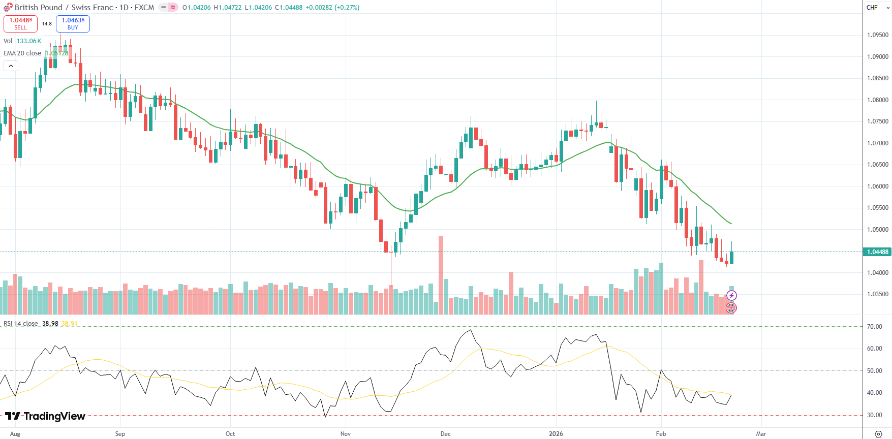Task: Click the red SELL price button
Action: pyautogui.click(x=20, y=23)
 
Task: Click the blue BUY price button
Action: pyautogui.click(x=73, y=23)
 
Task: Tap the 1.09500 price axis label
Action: pyautogui.click(x=878, y=35)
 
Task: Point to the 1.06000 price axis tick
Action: pyautogui.click(x=878, y=186)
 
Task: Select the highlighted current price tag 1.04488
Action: pyautogui.click(x=878, y=252)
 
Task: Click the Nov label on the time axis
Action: pyautogui.click(x=346, y=434)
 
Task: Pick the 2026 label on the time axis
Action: pyautogui.click(x=556, y=434)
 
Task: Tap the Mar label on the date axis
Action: pyautogui.click(x=761, y=434)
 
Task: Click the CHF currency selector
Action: pyautogui.click(x=875, y=8)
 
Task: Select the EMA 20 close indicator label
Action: pyautogui.click(x=22, y=53)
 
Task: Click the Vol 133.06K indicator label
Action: pyautogui.click(x=22, y=41)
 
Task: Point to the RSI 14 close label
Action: pyautogui.click(x=21, y=324)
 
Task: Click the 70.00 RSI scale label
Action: pyautogui.click(x=874, y=327)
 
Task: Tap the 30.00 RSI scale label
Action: pyautogui.click(x=874, y=415)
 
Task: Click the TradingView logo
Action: pyautogui.click(x=45, y=416)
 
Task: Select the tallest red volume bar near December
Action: pyautogui.click(x=441, y=274)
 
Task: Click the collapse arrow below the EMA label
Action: pyautogui.click(x=11, y=66)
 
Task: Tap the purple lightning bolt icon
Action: pyautogui.click(x=731, y=295)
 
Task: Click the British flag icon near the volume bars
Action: pyautogui.click(x=731, y=307)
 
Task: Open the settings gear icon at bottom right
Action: pyautogui.click(x=878, y=434)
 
